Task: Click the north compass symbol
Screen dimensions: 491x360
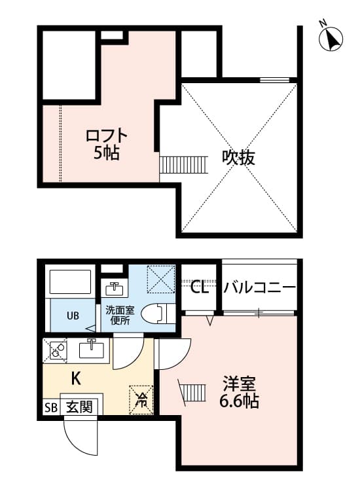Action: tap(333, 39)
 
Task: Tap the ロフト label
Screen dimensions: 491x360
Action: tap(106, 136)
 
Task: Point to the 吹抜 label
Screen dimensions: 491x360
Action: tap(237, 158)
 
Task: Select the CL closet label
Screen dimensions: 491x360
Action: tap(200, 287)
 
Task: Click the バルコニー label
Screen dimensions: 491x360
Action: tap(260, 287)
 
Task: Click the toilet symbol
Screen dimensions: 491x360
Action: tap(157, 313)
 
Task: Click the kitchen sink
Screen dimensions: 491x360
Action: tap(91, 349)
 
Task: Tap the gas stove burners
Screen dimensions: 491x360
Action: tap(56, 350)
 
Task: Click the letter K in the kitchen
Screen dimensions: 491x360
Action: tap(76, 378)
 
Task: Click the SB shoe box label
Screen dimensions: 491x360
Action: tap(51, 407)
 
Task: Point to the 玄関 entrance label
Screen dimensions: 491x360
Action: tap(80, 407)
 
